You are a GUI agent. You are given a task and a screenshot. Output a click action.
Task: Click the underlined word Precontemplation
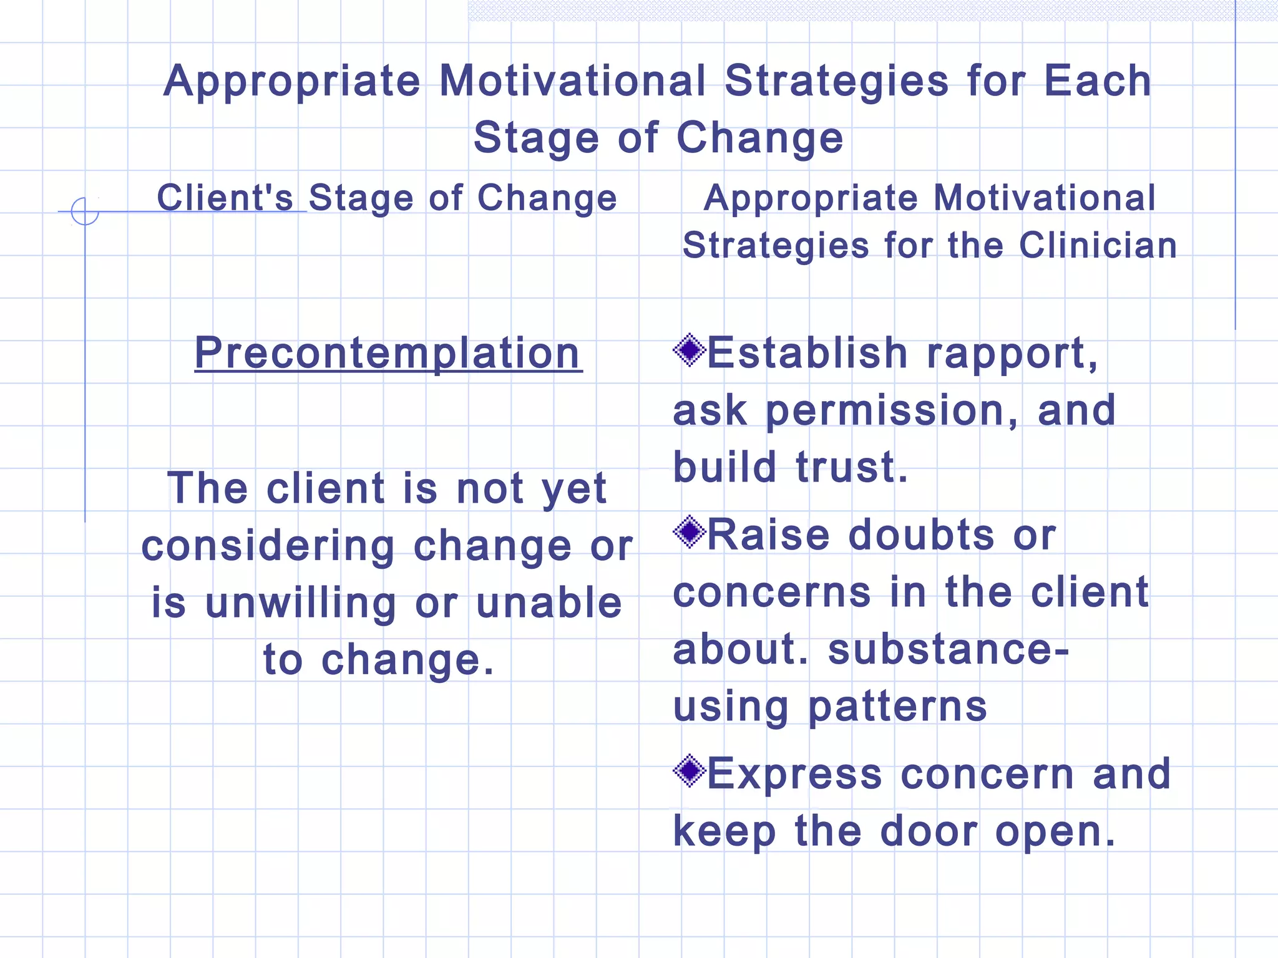click(x=388, y=354)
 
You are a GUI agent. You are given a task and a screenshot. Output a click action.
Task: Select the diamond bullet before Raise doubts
click(x=689, y=532)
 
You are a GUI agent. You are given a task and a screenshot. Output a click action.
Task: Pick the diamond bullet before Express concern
click(x=689, y=771)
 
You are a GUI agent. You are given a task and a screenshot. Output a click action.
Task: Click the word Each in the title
click(x=1098, y=81)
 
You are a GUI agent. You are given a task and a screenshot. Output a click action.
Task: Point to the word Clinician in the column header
click(x=1098, y=245)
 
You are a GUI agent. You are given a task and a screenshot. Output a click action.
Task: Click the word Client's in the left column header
click(x=225, y=198)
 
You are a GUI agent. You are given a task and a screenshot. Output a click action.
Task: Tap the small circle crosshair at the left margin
click(x=85, y=211)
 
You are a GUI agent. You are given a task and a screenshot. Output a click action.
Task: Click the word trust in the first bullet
click(x=851, y=468)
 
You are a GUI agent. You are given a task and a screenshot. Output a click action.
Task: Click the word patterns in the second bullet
click(x=897, y=708)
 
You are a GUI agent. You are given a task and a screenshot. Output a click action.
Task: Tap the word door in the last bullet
click(x=929, y=831)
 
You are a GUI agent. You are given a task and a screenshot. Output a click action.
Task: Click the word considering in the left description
click(x=268, y=546)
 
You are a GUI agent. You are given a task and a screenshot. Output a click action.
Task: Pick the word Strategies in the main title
click(x=836, y=81)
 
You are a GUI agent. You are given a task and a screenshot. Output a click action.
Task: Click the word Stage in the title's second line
click(x=536, y=138)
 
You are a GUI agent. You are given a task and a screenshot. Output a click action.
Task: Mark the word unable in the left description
click(x=549, y=603)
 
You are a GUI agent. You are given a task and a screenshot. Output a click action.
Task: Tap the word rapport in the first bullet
click(x=1011, y=354)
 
